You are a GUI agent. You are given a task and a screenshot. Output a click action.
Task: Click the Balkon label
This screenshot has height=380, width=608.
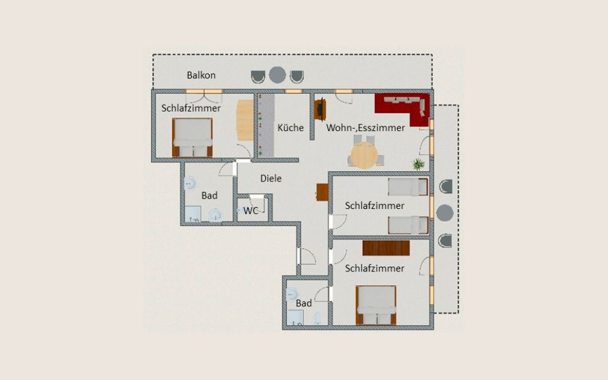point(201,75)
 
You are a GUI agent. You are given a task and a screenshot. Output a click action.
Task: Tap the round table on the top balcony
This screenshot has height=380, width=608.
point(277,75)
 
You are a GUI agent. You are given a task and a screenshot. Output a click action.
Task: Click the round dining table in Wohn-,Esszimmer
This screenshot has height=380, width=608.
point(364,155)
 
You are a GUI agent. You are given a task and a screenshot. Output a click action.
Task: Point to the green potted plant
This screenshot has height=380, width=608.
point(418,164)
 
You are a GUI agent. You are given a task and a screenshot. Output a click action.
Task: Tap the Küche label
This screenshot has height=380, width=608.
point(291,127)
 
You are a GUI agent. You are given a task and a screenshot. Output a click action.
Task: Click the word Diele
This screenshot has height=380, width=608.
point(271,178)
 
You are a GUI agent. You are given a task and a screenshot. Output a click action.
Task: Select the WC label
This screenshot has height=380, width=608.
point(251,211)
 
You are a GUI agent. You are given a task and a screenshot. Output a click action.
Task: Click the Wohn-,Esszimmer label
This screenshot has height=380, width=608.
point(365,127)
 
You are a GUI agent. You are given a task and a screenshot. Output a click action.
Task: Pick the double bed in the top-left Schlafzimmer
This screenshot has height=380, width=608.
point(192,137)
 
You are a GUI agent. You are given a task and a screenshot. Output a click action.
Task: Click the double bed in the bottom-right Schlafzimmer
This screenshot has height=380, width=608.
point(376,305)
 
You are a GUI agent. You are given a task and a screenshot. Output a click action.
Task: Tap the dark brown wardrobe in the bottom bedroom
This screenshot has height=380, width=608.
point(386,248)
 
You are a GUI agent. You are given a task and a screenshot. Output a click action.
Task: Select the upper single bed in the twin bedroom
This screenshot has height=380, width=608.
point(408,186)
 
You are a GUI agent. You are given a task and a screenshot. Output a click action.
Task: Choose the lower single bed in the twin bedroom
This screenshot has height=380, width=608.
point(408,225)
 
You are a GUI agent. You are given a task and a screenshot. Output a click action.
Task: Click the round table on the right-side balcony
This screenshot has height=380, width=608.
point(445,213)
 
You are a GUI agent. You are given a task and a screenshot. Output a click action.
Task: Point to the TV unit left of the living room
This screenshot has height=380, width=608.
point(320,110)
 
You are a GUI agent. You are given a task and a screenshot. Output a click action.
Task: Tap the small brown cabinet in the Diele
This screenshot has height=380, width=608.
point(322,192)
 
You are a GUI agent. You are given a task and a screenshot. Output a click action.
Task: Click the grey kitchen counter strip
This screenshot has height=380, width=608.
point(266,125)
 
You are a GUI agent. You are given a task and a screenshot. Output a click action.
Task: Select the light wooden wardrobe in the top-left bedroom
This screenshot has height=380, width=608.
point(245,120)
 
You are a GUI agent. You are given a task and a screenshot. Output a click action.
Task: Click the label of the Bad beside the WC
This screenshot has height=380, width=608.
point(210,196)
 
